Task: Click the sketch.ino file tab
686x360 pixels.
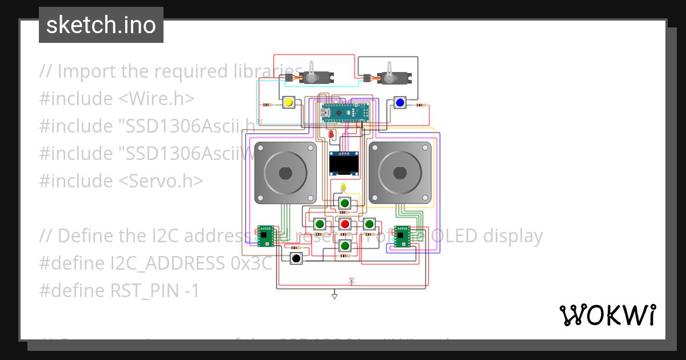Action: click(x=101, y=25)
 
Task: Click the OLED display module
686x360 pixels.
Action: click(x=344, y=164)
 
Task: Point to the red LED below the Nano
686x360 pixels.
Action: click(x=332, y=134)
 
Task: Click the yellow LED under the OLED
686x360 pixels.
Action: click(x=343, y=187)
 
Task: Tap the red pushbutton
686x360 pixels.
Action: click(x=344, y=223)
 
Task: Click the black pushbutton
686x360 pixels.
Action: click(x=296, y=258)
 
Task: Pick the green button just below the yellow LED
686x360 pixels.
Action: click(x=344, y=203)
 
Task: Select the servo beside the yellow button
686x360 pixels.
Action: click(x=312, y=74)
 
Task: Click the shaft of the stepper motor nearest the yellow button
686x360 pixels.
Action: click(x=285, y=173)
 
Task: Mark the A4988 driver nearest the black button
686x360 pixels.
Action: click(x=266, y=236)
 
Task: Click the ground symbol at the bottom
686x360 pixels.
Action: click(x=334, y=295)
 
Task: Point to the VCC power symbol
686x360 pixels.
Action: click(x=352, y=281)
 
